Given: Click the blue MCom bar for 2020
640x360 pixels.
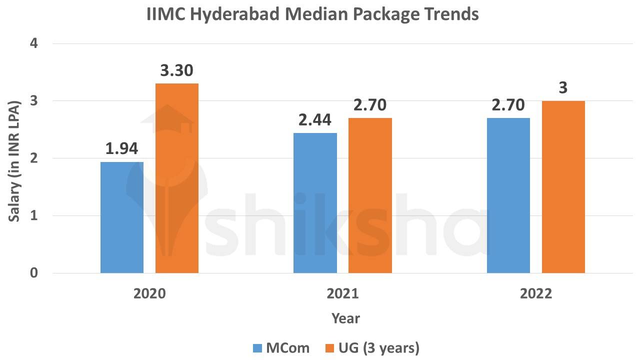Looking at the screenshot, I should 122,217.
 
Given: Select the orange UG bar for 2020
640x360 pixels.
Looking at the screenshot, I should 177,178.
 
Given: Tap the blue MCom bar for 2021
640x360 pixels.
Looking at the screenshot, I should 315,203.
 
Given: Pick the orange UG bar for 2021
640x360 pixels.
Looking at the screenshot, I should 370,195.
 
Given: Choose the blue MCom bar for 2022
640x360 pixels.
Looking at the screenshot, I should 508,195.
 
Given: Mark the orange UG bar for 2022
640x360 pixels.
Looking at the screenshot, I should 563,187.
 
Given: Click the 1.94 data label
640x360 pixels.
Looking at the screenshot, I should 121,148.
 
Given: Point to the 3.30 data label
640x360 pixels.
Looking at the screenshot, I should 176,70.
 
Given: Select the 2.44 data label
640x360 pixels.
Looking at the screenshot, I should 315,120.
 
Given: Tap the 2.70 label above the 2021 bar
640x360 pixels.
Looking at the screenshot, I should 370,105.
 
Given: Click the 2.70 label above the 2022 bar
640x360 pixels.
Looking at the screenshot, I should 508,105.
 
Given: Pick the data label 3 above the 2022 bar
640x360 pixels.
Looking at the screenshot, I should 563,88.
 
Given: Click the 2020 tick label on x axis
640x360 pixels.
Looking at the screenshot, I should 149,293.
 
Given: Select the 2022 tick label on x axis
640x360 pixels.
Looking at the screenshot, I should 536,293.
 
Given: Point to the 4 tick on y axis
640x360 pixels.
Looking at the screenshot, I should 34,43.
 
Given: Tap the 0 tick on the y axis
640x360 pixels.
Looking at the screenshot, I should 34,273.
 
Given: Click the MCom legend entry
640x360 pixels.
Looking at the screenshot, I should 281,347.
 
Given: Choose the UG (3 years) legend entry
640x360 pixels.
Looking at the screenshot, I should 372,347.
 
